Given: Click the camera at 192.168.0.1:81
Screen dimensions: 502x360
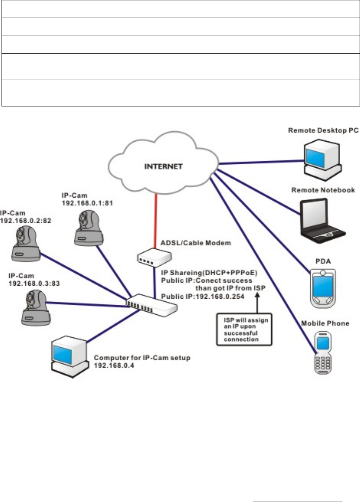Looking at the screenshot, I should pyautogui.click(x=88, y=229).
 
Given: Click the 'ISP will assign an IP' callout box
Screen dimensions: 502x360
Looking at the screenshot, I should pyautogui.click(x=244, y=329).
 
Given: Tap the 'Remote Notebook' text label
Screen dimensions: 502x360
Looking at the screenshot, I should pyautogui.click(x=323, y=190).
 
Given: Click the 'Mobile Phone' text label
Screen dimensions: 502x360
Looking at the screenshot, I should pyautogui.click(x=325, y=323).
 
